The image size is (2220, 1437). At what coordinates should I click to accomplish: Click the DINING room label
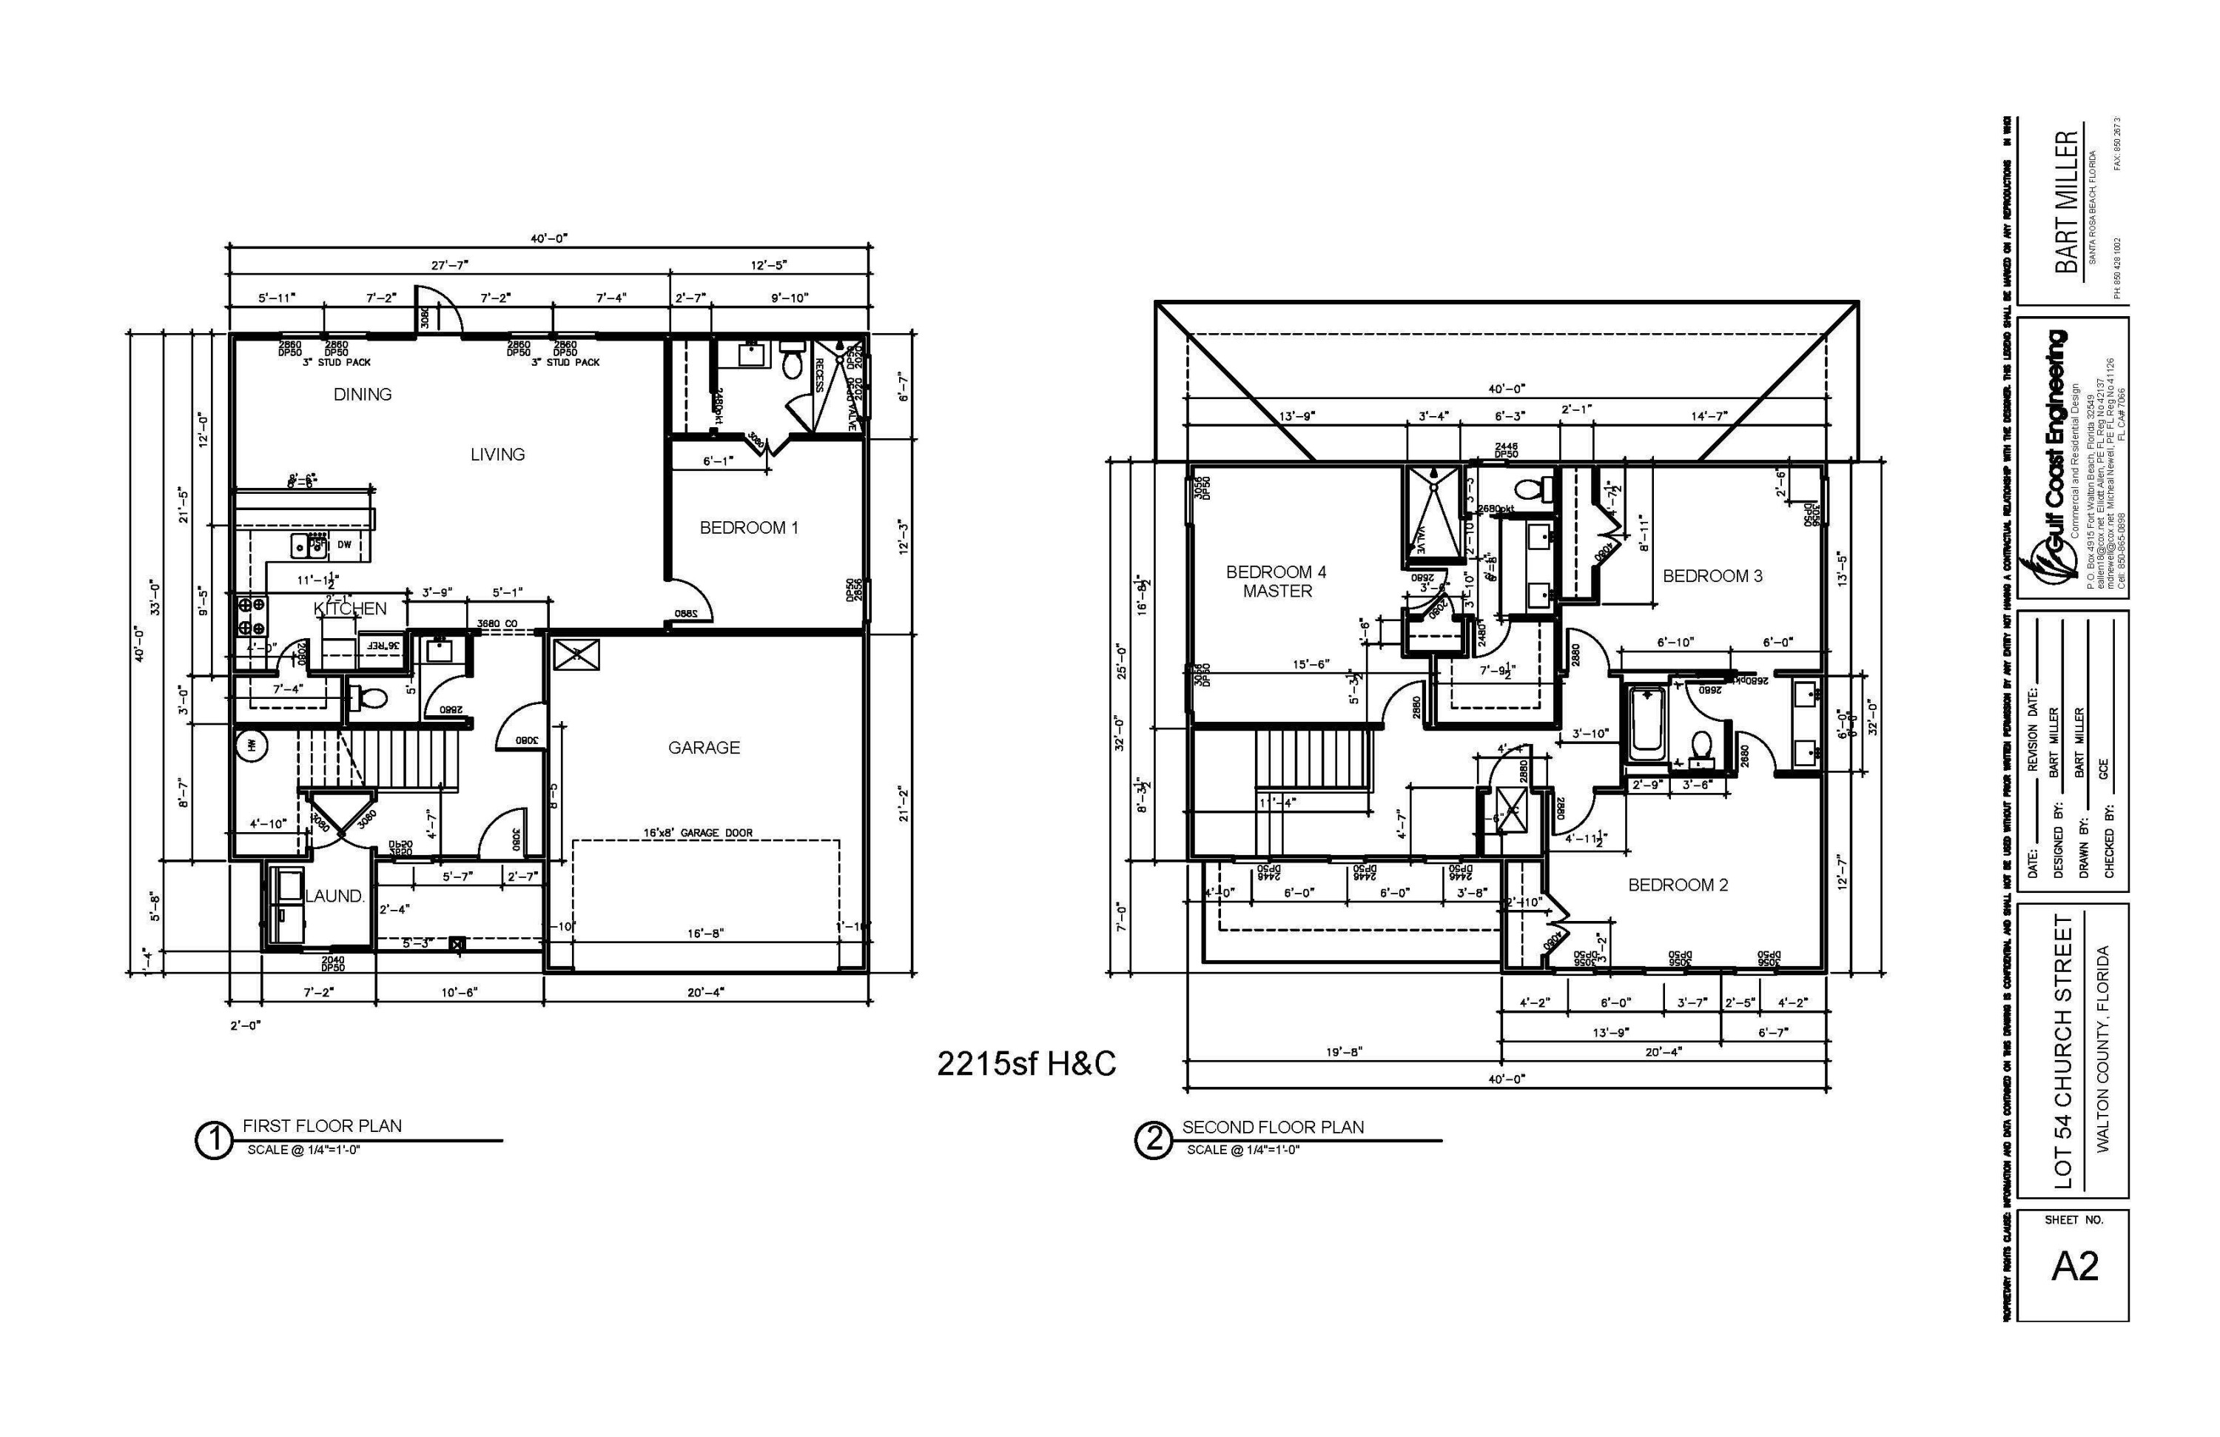tap(362, 395)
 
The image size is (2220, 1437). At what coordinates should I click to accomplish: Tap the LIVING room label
tap(497, 455)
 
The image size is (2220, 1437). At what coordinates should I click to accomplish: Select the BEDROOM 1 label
tap(749, 528)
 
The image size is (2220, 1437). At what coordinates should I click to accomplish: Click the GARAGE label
tap(704, 748)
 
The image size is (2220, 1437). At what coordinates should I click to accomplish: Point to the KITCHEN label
tap(350, 609)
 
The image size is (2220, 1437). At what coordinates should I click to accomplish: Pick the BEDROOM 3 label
tap(1712, 577)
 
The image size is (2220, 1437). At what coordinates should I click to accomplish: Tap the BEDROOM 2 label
tap(1678, 885)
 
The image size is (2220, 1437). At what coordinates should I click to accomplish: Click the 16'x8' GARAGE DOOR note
tap(698, 834)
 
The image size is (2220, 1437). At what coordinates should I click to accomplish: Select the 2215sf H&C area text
tap(1026, 1065)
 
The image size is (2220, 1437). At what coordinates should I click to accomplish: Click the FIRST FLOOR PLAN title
tap(322, 1126)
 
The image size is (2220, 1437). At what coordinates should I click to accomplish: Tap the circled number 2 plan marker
tap(1154, 1140)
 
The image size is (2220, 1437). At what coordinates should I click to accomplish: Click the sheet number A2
tap(2074, 1266)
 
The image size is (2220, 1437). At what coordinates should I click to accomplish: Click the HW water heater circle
tap(252, 746)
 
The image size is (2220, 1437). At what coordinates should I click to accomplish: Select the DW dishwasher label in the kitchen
tap(344, 545)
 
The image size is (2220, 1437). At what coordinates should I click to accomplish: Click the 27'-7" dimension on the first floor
tap(450, 266)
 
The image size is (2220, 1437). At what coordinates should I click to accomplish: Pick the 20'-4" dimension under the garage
tap(705, 993)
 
